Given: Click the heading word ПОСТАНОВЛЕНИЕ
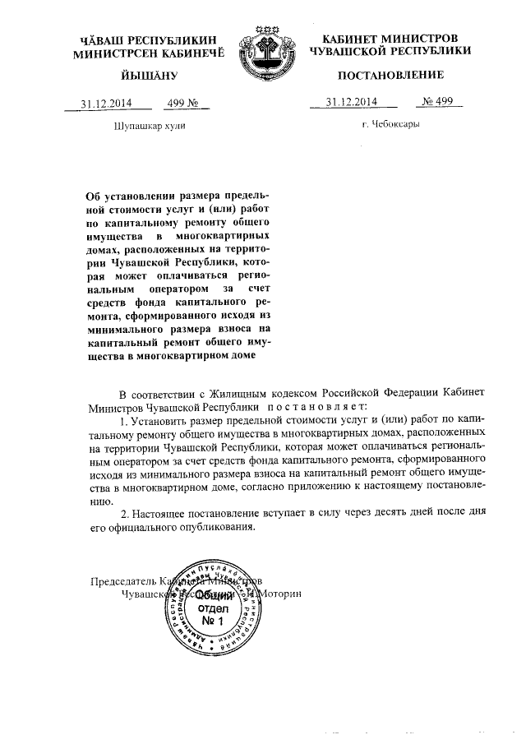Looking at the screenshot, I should [x=390, y=75].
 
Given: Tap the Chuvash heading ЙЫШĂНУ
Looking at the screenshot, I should [x=136, y=76].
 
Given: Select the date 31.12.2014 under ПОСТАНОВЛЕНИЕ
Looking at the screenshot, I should [x=351, y=102].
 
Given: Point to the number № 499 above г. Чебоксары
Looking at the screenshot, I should [x=439, y=102].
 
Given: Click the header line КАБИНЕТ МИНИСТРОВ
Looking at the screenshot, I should [x=390, y=39].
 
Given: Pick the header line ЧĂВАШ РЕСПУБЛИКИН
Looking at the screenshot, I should [x=136, y=39].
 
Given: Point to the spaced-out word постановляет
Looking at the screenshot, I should [x=321, y=406].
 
